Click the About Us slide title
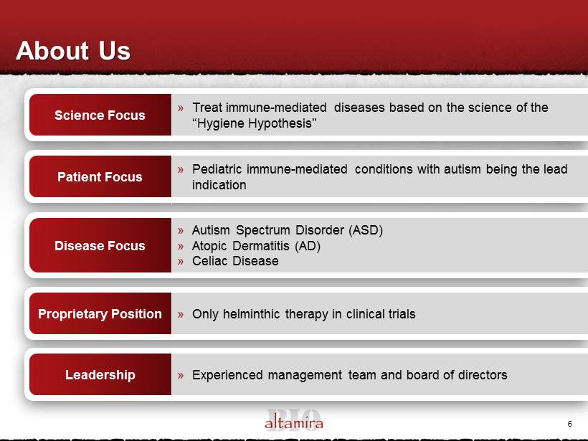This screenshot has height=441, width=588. [x=73, y=51]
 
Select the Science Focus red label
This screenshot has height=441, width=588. [x=100, y=115]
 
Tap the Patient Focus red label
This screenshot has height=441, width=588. [x=100, y=176]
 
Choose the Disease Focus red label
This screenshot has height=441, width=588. [x=100, y=245]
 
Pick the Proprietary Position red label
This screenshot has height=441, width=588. [x=100, y=313]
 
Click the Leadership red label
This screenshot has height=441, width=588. [x=100, y=374]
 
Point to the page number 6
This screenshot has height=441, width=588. [x=569, y=424]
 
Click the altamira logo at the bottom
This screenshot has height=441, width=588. [x=294, y=420]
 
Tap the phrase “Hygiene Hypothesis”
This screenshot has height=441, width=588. [x=255, y=123]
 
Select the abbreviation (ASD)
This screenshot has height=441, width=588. [x=366, y=230]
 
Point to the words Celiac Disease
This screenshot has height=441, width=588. [x=235, y=261]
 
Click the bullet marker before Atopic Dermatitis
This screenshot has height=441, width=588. [x=181, y=247]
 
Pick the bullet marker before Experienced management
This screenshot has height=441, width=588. [x=181, y=375]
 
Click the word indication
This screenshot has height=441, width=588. [x=219, y=185]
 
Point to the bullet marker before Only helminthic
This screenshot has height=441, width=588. [x=181, y=315]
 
